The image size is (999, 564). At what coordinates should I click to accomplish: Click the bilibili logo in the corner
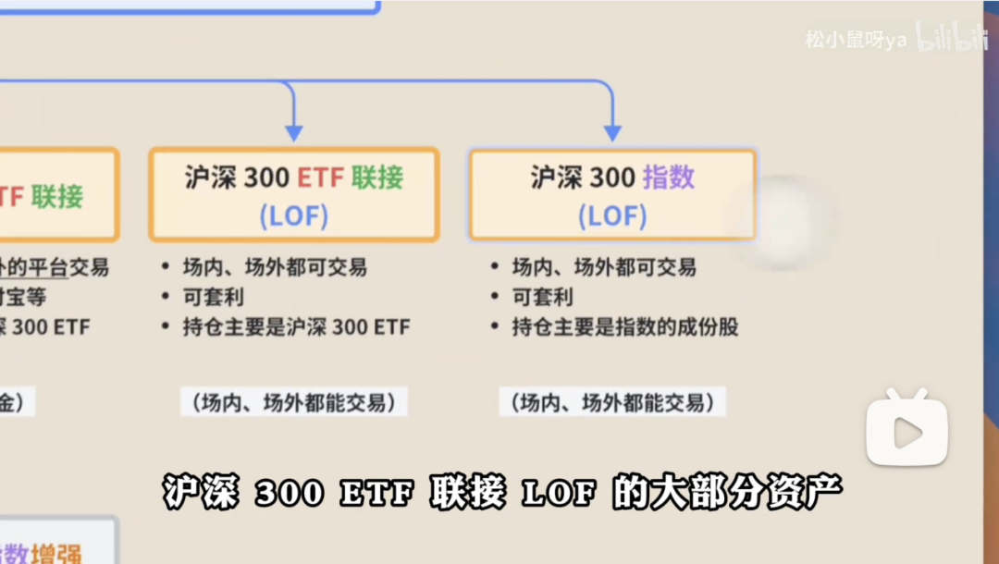tap(951, 38)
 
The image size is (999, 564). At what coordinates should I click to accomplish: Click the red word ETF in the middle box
tap(320, 178)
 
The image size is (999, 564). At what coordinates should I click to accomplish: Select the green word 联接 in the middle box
tap(377, 178)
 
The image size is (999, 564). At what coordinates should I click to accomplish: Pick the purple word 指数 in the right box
tap(669, 178)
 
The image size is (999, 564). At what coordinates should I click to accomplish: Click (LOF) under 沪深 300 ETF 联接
tap(293, 216)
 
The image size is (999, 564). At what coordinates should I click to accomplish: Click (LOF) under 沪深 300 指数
tap(612, 216)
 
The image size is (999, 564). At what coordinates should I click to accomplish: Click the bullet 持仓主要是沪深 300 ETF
tap(296, 327)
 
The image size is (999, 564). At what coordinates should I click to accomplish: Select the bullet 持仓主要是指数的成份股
tap(625, 327)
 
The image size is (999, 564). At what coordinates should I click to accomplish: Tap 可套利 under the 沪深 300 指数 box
tap(543, 298)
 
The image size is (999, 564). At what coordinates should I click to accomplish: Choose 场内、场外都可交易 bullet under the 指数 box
tap(604, 268)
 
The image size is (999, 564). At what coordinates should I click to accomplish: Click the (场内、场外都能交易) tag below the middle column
tap(293, 403)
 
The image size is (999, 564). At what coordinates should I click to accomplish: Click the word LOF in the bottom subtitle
tap(557, 493)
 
